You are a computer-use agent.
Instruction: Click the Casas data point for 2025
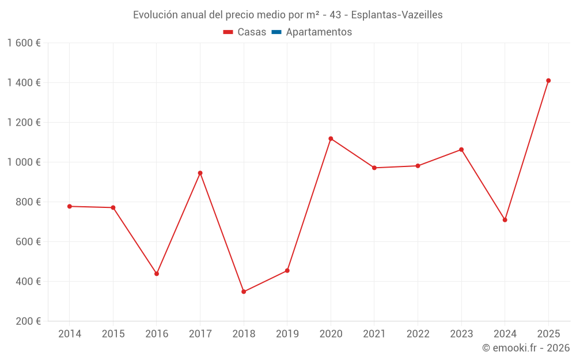pyautogui.click(x=548, y=81)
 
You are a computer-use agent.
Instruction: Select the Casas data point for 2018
pyautogui.click(x=244, y=291)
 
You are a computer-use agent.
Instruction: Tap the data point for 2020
pyautogui.click(x=331, y=139)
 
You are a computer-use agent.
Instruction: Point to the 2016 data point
pyautogui.click(x=157, y=274)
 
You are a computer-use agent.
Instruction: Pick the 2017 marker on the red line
pyautogui.click(x=200, y=173)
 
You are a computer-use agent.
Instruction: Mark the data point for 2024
pyautogui.click(x=505, y=220)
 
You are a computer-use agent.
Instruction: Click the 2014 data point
pyautogui.click(x=70, y=206)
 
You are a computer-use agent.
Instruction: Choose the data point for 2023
pyautogui.click(x=461, y=150)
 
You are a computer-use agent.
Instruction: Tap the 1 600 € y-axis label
pyautogui.click(x=24, y=43)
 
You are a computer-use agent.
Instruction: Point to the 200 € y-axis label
pyautogui.click(x=27, y=321)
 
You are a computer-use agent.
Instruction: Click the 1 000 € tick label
pyautogui.click(x=24, y=162)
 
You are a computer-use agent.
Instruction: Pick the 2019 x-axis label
pyautogui.click(x=287, y=334)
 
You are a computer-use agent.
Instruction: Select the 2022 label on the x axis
pyautogui.click(x=418, y=334)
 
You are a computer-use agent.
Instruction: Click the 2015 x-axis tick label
pyautogui.click(x=113, y=334)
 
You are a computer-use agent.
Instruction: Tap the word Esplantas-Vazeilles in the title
pyautogui.click(x=399, y=15)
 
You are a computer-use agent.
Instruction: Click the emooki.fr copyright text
pyautogui.click(x=526, y=348)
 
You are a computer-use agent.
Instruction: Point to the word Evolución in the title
pyautogui.click(x=155, y=15)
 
